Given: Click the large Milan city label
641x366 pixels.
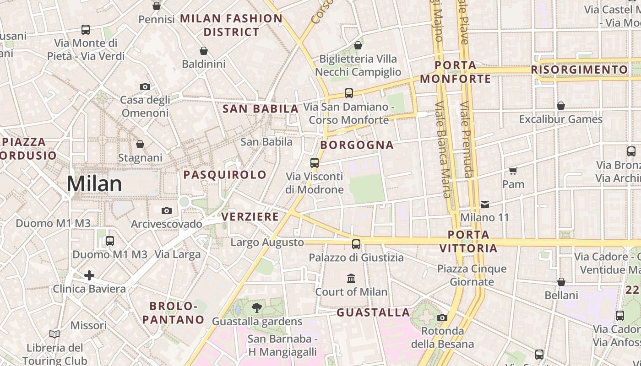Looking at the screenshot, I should click(94, 184).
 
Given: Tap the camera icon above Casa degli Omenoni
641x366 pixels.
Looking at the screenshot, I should click(145, 86).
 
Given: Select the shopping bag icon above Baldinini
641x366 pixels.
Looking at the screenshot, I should click(204, 51).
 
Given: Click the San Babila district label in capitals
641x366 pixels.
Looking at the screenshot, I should click(261, 109).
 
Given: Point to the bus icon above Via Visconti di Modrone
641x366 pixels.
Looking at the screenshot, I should click(314, 162).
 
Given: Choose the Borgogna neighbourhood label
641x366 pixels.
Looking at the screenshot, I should click(357, 145).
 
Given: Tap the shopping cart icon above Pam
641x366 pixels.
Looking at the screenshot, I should click(513, 171).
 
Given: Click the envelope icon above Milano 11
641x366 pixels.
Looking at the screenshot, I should click(484, 204).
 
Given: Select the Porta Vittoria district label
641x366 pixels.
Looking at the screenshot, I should click(468, 242).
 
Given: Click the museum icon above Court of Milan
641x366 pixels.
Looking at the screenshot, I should click(351, 278).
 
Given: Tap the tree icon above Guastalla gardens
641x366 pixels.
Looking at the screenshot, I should click(257, 308).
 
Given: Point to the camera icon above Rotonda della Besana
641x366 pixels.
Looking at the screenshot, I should click(442, 318).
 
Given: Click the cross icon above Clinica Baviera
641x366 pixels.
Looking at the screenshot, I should click(89, 275).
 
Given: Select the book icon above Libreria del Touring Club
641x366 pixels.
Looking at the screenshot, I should click(54, 334).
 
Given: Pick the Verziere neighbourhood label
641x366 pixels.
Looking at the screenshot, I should click(250, 216).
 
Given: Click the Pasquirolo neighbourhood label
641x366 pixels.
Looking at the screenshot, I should click(225, 174).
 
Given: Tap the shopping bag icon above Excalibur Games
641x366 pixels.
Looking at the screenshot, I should click(560, 106).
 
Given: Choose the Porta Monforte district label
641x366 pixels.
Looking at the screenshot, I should click(456, 72).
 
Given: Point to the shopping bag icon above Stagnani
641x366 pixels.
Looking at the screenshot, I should click(140, 144).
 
